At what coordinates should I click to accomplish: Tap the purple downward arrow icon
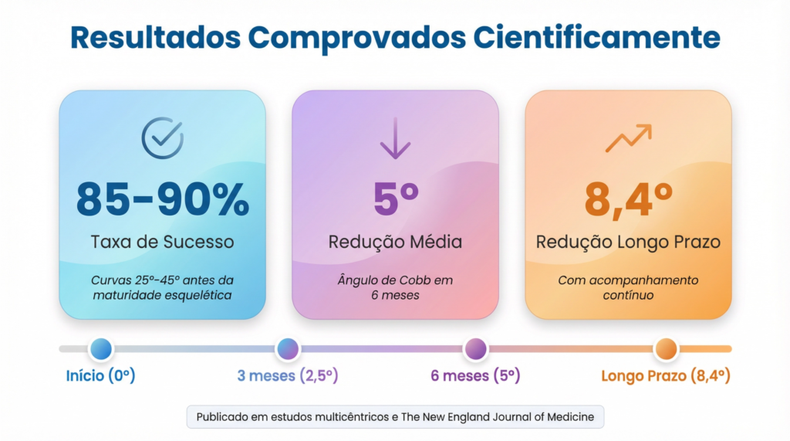tap(395, 139)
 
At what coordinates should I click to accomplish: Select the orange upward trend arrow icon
tap(628, 138)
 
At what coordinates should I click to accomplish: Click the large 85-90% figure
tap(163, 198)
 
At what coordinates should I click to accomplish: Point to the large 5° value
tap(396, 198)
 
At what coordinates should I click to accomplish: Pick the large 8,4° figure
tap(628, 198)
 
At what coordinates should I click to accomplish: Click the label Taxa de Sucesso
tap(163, 242)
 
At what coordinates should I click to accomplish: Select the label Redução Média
tap(396, 242)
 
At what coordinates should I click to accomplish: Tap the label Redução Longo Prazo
tap(628, 242)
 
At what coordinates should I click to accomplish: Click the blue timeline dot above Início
tap(101, 349)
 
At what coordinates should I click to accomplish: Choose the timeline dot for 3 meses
tap(288, 349)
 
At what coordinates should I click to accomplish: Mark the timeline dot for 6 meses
tap(475, 349)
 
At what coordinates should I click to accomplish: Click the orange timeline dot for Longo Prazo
tap(665, 349)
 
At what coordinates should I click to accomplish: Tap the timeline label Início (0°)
tap(101, 376)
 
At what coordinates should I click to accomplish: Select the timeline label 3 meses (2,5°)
tap(288, 376)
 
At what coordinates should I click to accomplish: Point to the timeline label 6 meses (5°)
tap(475, 376)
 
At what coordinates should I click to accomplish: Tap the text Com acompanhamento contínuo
tap(628, 287)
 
